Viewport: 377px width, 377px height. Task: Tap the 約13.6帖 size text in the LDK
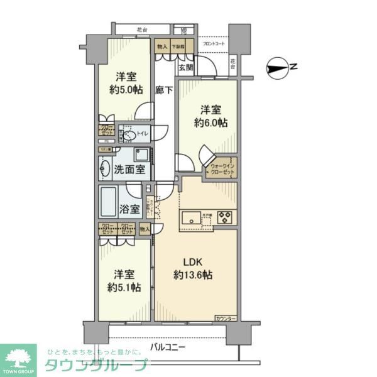194,275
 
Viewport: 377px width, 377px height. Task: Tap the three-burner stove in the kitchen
224,219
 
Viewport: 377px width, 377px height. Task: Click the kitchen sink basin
190,219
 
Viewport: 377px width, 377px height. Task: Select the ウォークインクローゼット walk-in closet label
221,168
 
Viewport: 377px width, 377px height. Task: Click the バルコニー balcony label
168,346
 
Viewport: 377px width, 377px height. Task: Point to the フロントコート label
214,44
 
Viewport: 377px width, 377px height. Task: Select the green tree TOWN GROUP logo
19,358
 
